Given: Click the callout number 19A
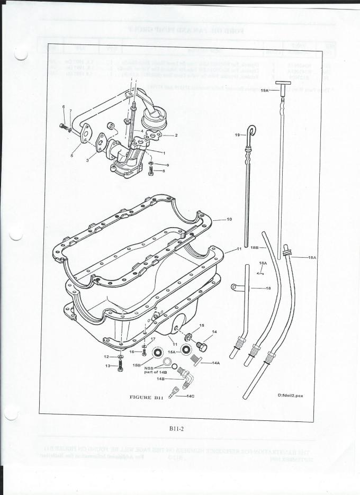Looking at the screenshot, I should (x=265, y=91).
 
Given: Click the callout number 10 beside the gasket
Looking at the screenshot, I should (x=229, y=219).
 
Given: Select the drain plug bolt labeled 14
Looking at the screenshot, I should (x=202, y=346).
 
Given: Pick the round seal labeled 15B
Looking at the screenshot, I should (x=157, y=353).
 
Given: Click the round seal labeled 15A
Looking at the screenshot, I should (x=185, y=350).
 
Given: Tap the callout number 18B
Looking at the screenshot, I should (x=254, y=247).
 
